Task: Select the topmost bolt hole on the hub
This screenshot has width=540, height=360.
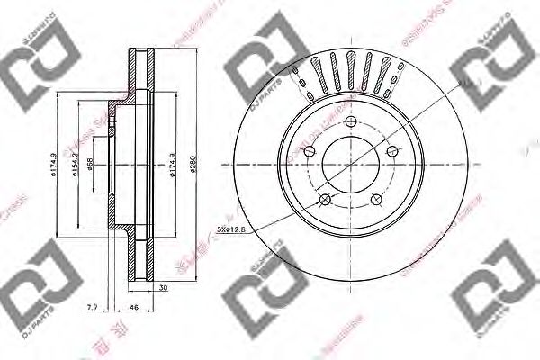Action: coord(355,128)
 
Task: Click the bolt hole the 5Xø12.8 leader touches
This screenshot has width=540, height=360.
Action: coord(326,199)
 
